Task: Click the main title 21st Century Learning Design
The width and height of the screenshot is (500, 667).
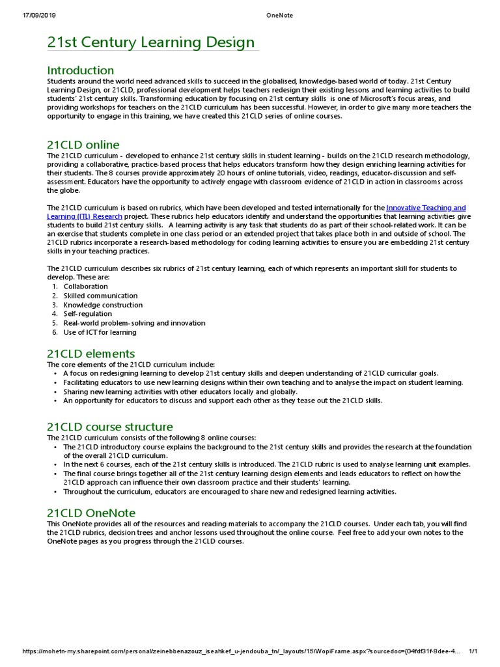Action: pyautogui.click(x=151, y=43)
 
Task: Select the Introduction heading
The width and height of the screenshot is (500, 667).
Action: pyautogui.click(x=80, y=70)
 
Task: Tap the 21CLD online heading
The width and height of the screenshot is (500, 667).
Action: pyautogui.click(x=83, y=145)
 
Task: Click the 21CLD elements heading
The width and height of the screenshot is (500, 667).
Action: pyautogui.click(x=90, y=354)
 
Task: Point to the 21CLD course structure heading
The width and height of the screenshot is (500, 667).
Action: pyautogui.click(x=109, y=427)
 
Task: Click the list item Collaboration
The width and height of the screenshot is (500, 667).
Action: pyautogui.click(x=85, y=287)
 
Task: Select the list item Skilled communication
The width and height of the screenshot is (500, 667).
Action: pyautogui.click(x=100, y=296)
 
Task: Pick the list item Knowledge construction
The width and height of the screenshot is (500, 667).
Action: pyautogui.click(x=103, y=305)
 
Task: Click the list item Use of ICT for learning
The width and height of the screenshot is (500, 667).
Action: pyautogui.click(x=100, y=332)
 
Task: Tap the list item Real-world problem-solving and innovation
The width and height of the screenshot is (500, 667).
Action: pyautogui.click(x=134, y=323)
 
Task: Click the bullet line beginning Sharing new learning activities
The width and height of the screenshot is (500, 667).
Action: pyautogui.click(x=179, y=391)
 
